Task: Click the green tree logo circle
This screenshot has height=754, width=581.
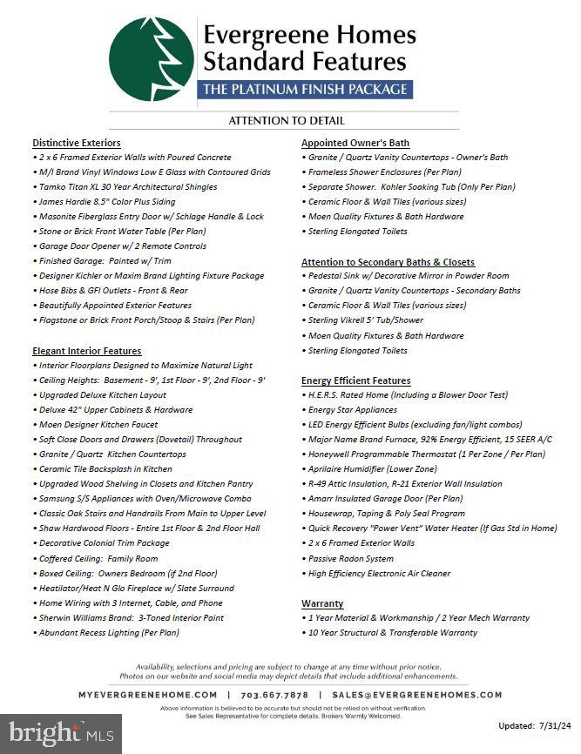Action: click(x=151, y=60)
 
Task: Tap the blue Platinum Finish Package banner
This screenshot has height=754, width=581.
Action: click(x=305, y=89)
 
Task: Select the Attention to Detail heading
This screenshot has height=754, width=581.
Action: click(x=287, y=121)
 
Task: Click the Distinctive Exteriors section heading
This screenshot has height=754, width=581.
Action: click(x=77, y=143)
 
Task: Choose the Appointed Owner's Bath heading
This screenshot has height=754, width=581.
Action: click(x=355, y=143)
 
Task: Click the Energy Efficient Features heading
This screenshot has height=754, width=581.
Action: click(x=355, y=380)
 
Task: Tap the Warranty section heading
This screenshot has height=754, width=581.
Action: click(x=322, y=603)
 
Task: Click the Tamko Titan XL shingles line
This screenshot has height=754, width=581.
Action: click(x=128, y=187)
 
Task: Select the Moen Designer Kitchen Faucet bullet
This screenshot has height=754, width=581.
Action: click(x=98, y=425)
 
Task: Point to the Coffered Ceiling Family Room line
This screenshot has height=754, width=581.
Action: click(x=98, y=559)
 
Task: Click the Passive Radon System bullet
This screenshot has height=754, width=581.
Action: click(x=350, y=559)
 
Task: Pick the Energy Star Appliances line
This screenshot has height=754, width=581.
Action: click(x=352, y=410)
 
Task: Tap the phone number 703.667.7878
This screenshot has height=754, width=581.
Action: click(x=274, y=695)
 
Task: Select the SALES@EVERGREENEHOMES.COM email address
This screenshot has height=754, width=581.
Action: click(x=411, y=695)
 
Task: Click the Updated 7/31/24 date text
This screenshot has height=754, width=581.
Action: click(x=533, y=725)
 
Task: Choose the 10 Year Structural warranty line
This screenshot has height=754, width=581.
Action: click(x=393, y=633)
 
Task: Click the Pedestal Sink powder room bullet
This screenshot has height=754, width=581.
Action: click(x=409, y=276)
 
